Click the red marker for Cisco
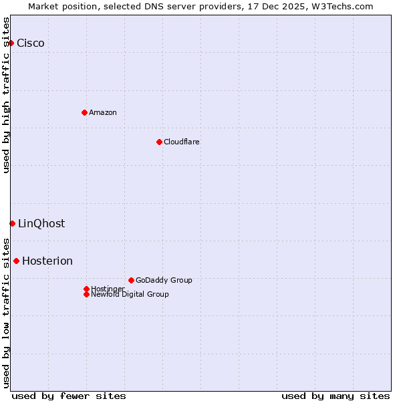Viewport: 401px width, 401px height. click(11, 43)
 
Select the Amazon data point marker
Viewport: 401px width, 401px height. click(84, 112)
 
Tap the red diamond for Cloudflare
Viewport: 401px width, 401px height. click(159, 142)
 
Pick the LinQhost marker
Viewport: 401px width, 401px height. click(12, 223)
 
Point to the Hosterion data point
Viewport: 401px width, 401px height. click(16, 261)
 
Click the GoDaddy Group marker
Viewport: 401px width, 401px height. click(131, 280)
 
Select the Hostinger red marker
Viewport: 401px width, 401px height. click(86, 289)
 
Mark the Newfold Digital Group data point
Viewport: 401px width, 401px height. click(86, 294)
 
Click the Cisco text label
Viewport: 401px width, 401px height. click(31, 43)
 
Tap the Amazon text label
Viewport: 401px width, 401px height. click(103, 112)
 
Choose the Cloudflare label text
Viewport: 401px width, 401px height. click(182, 142)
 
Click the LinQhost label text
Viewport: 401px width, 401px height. click(41, 224)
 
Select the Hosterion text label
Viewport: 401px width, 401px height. click(47, 261)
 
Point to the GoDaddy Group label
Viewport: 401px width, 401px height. click(164, 280)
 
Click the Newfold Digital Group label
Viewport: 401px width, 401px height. click(130, 295)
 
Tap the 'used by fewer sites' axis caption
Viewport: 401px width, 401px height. click(69, 396)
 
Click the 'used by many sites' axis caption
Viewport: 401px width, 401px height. click(336, 396)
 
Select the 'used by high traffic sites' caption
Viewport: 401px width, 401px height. click(7, 95)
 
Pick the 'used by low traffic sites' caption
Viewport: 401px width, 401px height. click(7, 313)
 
